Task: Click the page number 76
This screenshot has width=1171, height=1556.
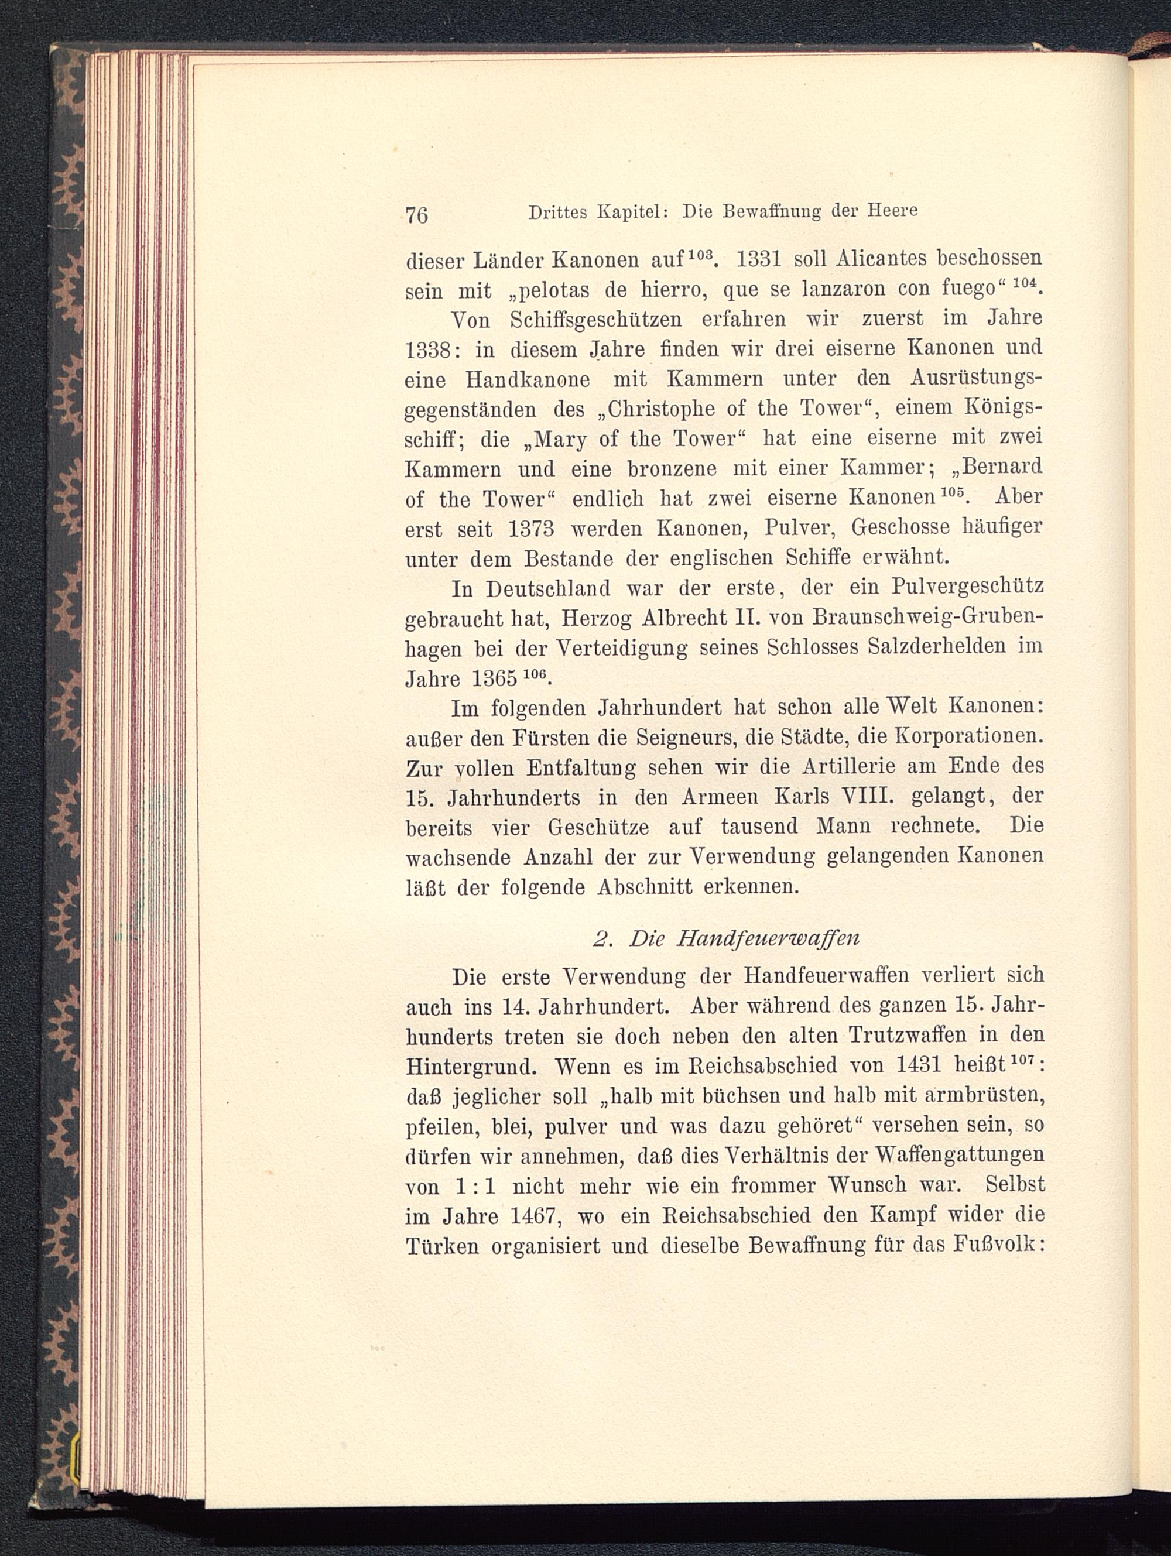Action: coord(417,214)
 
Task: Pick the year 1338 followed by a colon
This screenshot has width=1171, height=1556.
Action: coord(431,349)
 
